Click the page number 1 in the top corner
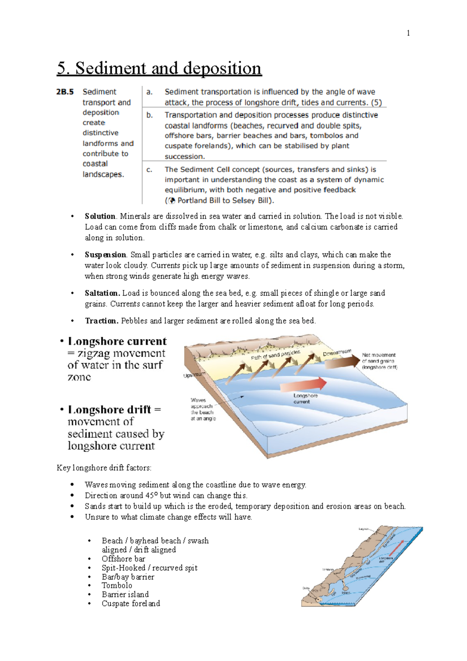click(408, 33)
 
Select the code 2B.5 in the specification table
click(65, 92)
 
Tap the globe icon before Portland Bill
click(171, 201)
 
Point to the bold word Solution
click(100, 216)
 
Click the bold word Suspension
click(105, 255)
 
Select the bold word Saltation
click(102, 294)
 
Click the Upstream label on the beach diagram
click(193, 375)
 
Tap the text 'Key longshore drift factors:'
click(104, 468)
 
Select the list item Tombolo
click(117, 586)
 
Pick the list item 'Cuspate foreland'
click(131, 604)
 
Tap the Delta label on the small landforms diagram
click(305, 589)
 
